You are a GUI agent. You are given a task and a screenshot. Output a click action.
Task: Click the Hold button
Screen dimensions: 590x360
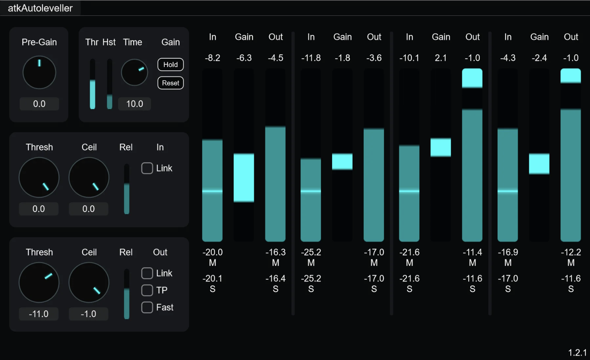pyautogui.click(x=170, y=65)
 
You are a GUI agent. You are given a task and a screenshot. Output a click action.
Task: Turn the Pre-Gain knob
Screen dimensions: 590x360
pyautogui.click(x=39, y=72)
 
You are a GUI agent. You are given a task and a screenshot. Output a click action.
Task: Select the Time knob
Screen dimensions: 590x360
pyautogui.click(x=134, y=72)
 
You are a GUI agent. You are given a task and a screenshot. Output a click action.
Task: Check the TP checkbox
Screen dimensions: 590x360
pyautogui.click(x=147, y=290)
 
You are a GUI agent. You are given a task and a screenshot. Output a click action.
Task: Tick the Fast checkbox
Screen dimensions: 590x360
pyautogui.click(x=147, y=307)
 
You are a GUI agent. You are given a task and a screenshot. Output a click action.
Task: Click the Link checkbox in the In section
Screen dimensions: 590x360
pyautogui.click(x=147, y=168)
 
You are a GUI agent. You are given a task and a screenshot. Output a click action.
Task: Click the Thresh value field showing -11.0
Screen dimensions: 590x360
pyautogui.click(x=39, y=314)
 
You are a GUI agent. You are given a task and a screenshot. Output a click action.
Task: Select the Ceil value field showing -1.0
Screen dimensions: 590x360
pyautogui.click(x=88, y=314)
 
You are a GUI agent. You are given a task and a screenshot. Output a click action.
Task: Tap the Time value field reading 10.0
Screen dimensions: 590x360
pyautogui.click(x=135, y=104)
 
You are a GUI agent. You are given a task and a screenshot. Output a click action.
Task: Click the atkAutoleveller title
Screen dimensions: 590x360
pyautogui.click(x=40, y=8)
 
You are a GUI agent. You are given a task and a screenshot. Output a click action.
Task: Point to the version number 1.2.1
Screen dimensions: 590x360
pyautogui.click(x=577, y=352)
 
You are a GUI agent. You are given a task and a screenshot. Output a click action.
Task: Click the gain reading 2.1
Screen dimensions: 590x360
pyautogui.click(x=441, y=58)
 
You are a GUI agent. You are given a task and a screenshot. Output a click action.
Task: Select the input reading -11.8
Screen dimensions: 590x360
pyautogui.click(x=311, y=58)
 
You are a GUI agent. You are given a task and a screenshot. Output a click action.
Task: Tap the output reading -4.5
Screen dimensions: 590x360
pyautogui.click(x=275, y=58)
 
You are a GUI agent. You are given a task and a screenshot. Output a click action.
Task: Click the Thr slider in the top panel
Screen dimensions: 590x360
pyautogui.click(x=92, y=84)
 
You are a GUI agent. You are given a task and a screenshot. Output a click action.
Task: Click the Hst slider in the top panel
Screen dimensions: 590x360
pyautogui.click(x=109, y=84)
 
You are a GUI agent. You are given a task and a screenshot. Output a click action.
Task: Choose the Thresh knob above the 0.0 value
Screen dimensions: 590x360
pyautogui.click(x=39, y=177)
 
